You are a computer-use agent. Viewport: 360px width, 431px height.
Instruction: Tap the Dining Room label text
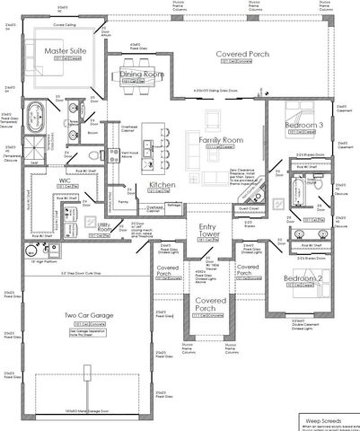point(141,75)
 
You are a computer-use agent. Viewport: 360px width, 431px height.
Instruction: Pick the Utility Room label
point(107,229)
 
